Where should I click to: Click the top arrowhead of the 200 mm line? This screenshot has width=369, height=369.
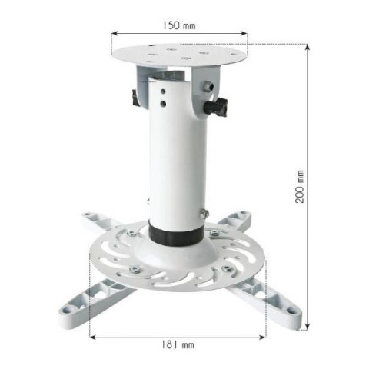(308, 45)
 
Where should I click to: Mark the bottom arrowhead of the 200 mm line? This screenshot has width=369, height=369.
(308, 328)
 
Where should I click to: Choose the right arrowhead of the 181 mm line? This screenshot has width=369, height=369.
(265, 336)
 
